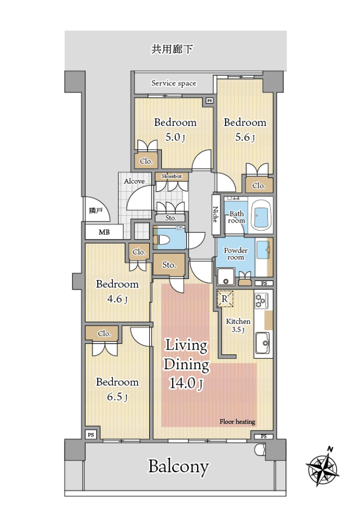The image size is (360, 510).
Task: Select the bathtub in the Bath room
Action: (x=261, y=214)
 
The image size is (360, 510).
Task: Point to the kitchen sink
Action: (x=262, y=343)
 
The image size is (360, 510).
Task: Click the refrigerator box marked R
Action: (x=225, y=299)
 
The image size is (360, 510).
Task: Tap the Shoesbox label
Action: (x=172, y=176)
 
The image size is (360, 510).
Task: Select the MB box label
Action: (x=104, y=232)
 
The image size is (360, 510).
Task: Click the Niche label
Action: (x=215, y=214)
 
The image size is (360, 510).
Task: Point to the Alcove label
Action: (x=134, y=181)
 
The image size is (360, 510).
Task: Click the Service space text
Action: (x=174, y=83)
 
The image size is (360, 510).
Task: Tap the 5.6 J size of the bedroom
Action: (x=245, y=137)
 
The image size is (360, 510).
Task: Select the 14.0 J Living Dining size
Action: (x=186, y=383)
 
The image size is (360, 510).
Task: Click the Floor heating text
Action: (x=237, y=421)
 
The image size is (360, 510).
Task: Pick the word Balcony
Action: (x=178, y=467)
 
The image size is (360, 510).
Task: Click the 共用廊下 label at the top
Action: (x=172, y=49)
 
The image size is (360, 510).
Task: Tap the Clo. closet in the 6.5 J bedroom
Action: (x=104, y=334)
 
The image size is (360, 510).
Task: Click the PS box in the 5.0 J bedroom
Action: (x=209, y=101)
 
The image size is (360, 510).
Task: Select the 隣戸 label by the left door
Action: (x=96, y=211)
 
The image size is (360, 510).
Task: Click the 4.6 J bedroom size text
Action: (x=117, y=299)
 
